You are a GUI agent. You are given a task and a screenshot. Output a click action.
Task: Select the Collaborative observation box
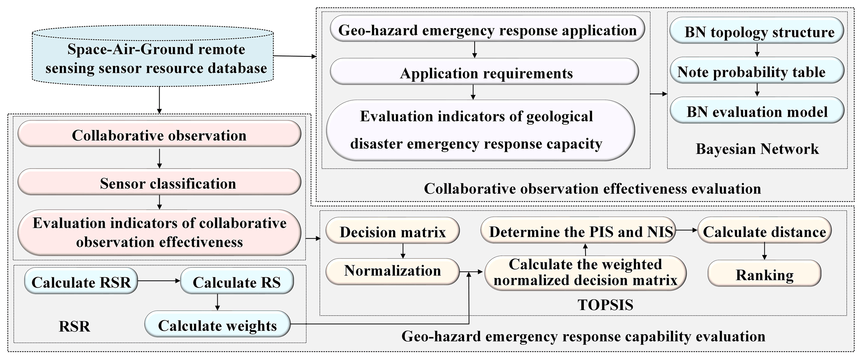coord(159,135)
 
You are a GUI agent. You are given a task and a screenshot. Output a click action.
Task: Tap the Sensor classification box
coord(159,183)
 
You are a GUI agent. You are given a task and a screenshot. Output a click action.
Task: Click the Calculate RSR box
coord(81,282)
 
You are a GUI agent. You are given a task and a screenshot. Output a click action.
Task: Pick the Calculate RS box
coord(236,282)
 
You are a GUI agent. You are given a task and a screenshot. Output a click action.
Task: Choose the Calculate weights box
coord(217,325)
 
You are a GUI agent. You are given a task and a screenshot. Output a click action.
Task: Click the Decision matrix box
coord(392,232)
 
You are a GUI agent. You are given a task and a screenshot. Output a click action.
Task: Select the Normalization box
coord(392,271)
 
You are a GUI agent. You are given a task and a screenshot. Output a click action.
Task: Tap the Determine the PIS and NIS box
coord(581,232)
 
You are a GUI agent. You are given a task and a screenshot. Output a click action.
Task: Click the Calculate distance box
coord(764,232)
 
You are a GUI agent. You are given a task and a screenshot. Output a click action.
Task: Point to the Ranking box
coord(764,274)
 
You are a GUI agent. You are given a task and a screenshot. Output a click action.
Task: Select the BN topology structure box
coord(757,32)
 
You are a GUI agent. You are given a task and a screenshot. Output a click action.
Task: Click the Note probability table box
coord(757,72)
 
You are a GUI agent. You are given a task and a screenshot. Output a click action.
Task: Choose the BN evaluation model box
coord(757,111)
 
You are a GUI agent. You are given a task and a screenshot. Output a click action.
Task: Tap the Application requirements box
coord(484,73)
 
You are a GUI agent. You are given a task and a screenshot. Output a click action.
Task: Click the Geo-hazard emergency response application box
coord(487,30)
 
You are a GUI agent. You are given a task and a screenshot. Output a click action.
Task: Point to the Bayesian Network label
coord(757,149)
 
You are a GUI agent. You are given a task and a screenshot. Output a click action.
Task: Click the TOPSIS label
coord(605,305)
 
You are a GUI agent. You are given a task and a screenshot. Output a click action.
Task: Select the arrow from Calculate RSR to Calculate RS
coord(158,282)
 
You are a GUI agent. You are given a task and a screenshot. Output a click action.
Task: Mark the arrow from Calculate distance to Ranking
coord(764,251)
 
